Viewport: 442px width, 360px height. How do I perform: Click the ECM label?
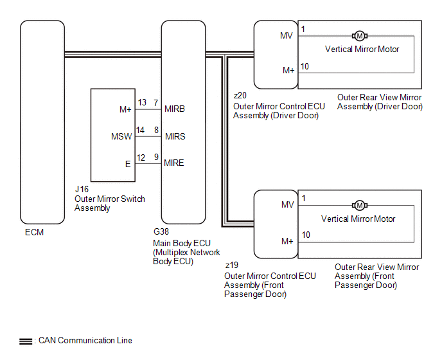pyautogui.click(x=33, y=232)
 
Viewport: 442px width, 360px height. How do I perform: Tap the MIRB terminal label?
pyautogui.click(x=174, y=109)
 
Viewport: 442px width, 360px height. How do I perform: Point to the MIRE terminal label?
pyautogui.click(x=174, y=163)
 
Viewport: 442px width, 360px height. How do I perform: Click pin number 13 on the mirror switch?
pyautogui.click(x=142, y=103)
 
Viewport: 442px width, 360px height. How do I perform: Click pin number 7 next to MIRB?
pyautogui.click(x=155, y=103)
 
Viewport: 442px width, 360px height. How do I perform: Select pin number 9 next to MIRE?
pyautogui.click(x=155, y=157)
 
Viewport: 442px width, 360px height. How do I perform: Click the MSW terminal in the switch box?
pyautogui.click(x=121, y=136)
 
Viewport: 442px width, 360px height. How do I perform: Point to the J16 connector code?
pyautogui.click(x=82, y=190)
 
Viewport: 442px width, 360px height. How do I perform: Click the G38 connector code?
pyautogui.click(x=161, y=233)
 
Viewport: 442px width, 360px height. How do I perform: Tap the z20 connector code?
pyautogui.click(x=240, y=96)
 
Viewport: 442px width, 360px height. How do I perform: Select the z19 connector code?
pyautogui.click(x=231, y=265)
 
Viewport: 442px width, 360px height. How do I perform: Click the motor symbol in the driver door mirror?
pyautogui.click(x=360, y=35)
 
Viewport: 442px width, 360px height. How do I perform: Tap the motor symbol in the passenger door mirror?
pyautogui.click(x=360, y=205)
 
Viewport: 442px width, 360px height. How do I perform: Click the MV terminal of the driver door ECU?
pyautogui.click(x=287, y=35)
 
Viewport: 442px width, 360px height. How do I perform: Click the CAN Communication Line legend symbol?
pyautogui.click(x=26, y=341)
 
